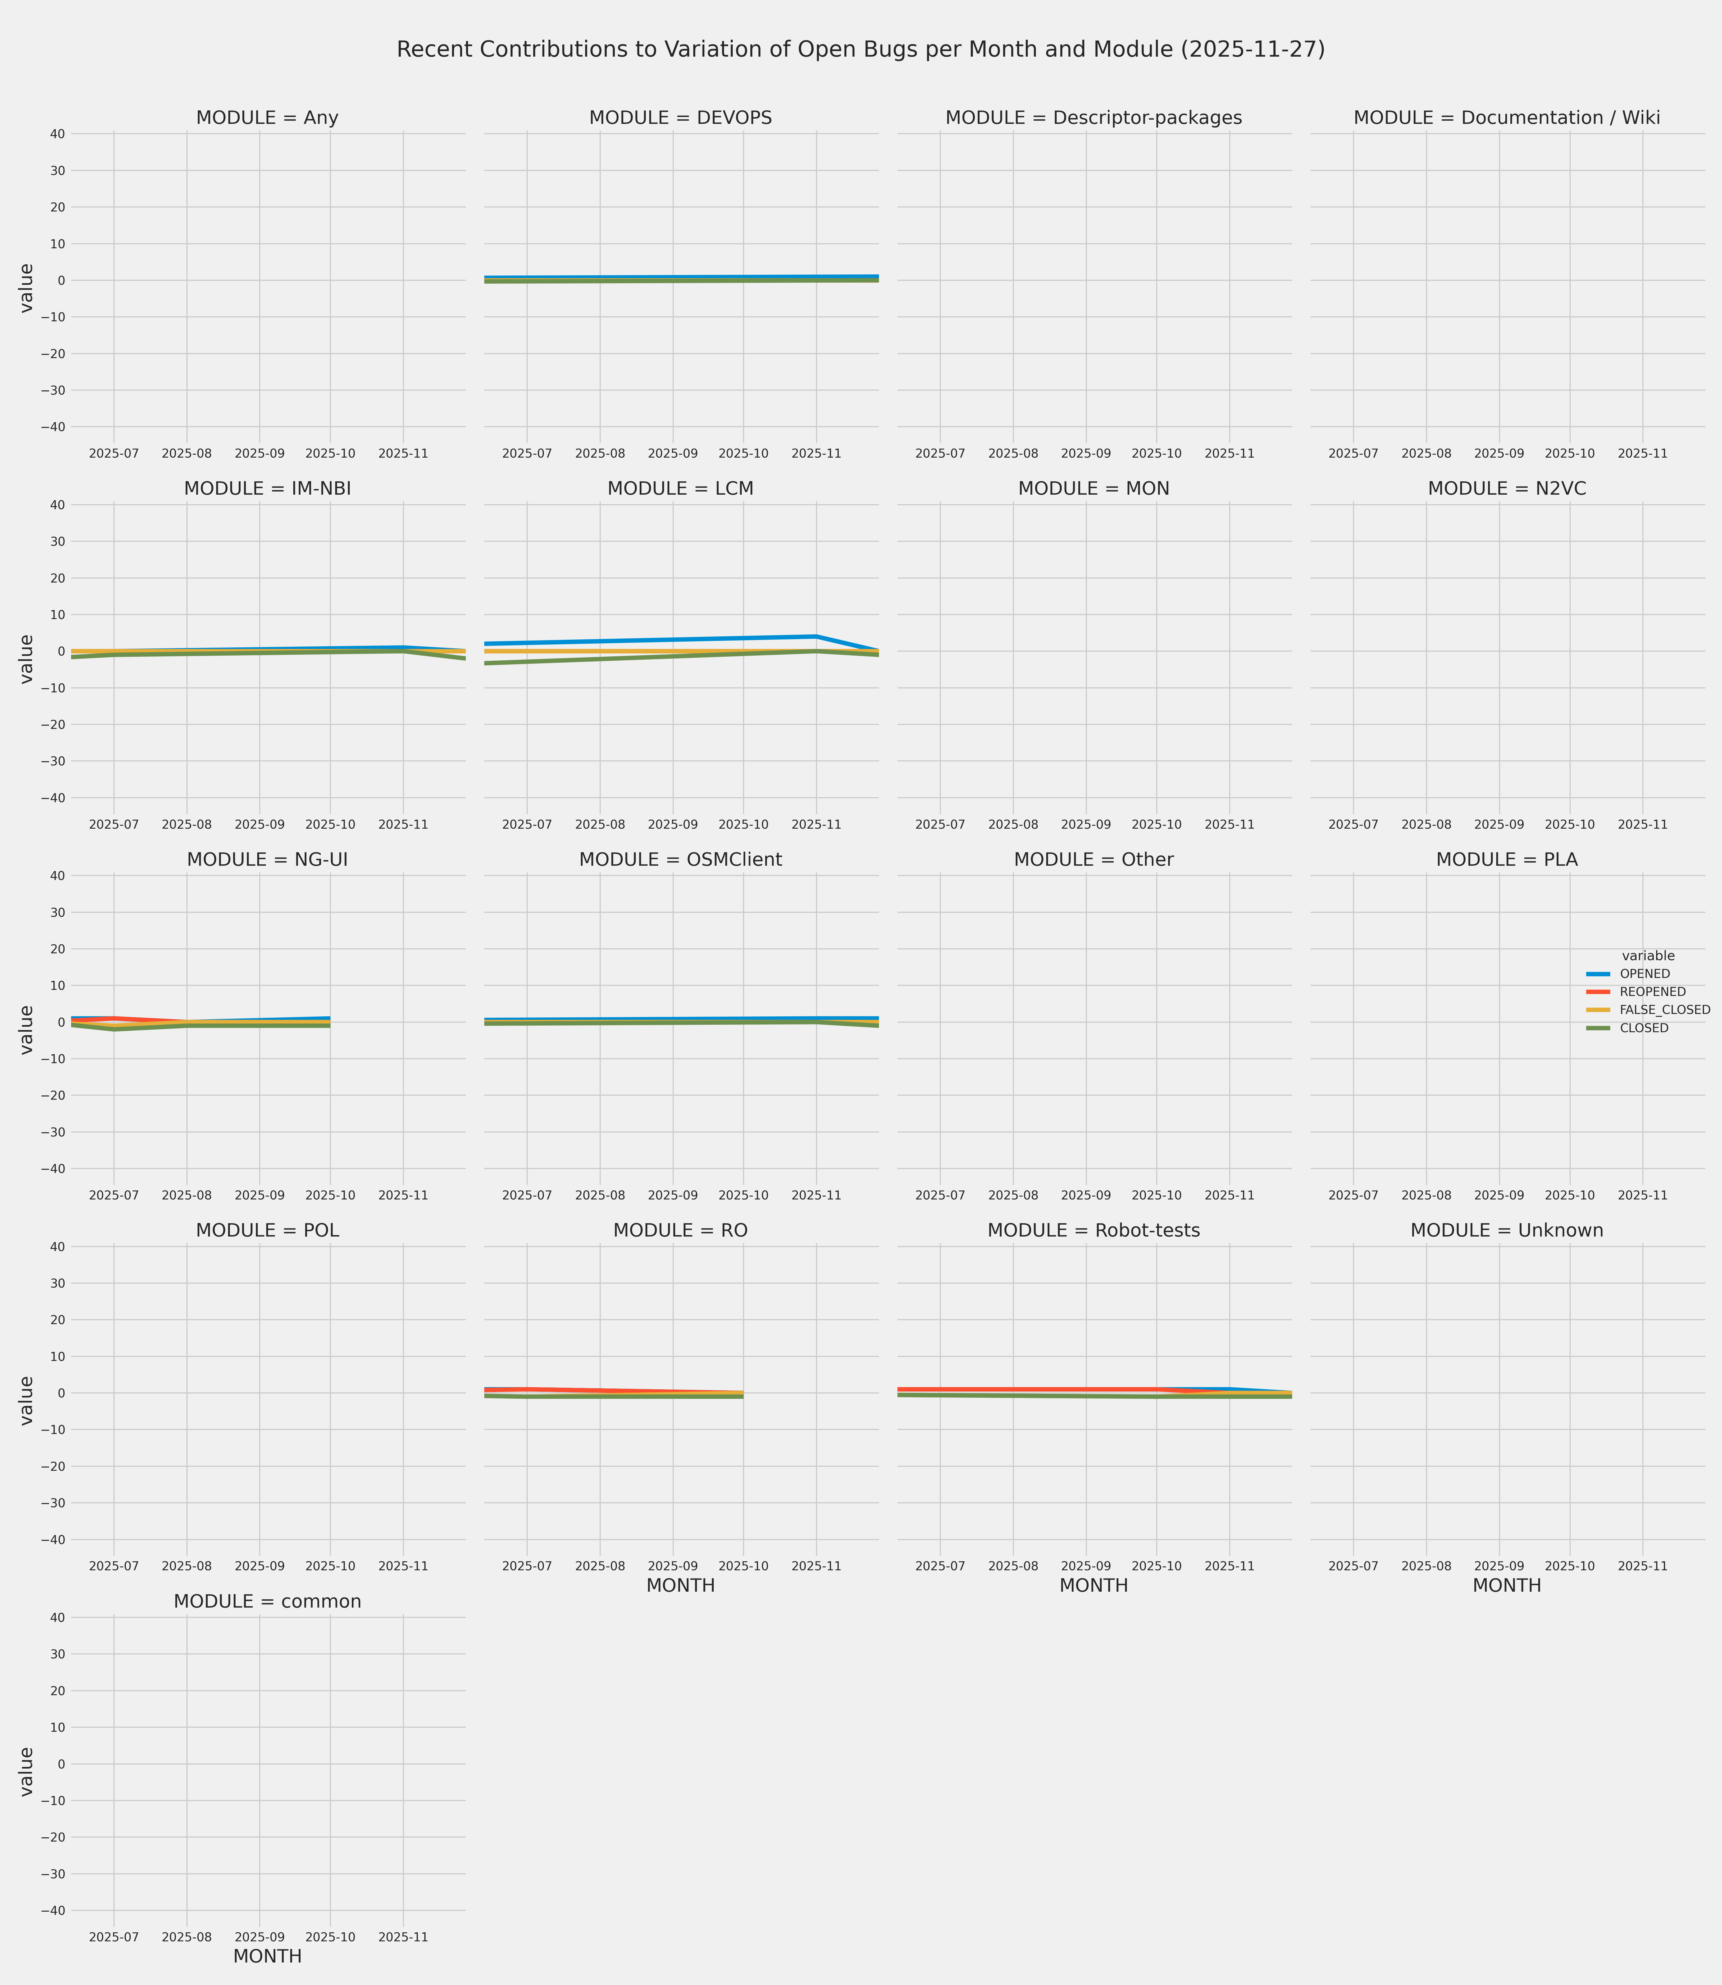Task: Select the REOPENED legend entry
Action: click(x=1652, y=992)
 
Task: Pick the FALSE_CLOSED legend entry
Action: click(x=1664, y=1010)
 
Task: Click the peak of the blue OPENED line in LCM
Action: click(x=816, y=636)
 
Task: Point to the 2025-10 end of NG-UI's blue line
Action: click(x=330, y=1018)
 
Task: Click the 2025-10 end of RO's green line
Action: click(x=743, y=1397)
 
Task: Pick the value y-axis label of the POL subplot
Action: click(x=27, y=1401)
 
